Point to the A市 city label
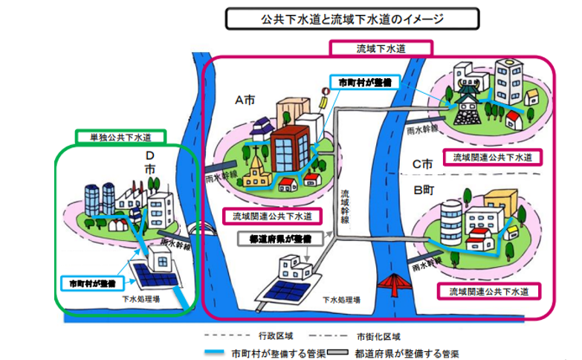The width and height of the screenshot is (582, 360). pyautogui.click(x=246, y=100)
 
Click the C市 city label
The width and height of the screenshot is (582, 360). pyautogui.click(x=423, y=163)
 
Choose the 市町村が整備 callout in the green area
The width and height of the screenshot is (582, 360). pyautogui.click(x=91, y=283)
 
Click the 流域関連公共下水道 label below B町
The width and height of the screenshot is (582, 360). pyautogui.click(x=488, y=289)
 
